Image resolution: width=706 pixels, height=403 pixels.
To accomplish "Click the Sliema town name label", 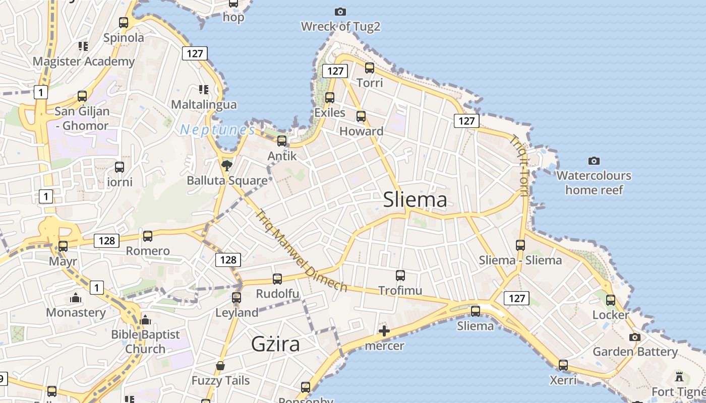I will point(415,200).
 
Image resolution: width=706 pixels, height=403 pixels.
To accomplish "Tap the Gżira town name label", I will point(275,344).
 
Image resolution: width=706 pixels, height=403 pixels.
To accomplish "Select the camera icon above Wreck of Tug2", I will point(340,12).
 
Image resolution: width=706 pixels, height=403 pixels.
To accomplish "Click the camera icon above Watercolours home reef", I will point(594,161).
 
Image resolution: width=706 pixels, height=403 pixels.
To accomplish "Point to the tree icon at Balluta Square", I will point(227,165).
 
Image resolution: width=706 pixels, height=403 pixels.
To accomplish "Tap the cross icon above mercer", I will point(384,331).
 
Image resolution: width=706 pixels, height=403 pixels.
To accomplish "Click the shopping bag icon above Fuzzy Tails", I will point(220,365).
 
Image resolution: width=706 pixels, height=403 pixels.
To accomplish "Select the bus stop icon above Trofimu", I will point(400,276).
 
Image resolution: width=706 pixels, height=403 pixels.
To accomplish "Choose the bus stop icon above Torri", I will point(370,68).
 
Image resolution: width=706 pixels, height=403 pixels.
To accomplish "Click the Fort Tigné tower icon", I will point(679,376).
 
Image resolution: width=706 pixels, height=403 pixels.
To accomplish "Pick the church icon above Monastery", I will point(76,298).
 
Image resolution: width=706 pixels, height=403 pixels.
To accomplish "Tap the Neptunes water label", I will point(217,130).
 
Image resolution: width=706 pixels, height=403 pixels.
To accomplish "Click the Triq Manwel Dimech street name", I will point(302,250).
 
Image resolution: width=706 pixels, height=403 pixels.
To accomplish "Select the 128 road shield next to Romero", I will point(106,241).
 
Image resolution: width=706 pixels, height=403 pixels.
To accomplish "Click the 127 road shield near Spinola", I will point(195,53).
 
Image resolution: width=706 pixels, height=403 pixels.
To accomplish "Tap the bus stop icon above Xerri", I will point(563,365).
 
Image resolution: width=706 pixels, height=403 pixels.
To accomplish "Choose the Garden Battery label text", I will point(635,352).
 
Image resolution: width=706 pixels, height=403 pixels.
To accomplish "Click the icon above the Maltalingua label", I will point(204,90).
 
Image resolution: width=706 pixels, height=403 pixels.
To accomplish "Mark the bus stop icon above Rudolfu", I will point(277,279).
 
